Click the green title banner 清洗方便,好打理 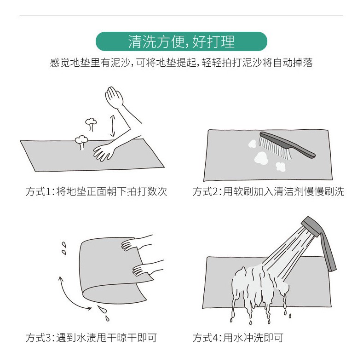[x=181, y=41]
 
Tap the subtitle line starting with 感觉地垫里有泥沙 [x=181, y=63]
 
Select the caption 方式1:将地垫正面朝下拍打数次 [x=96, y=191]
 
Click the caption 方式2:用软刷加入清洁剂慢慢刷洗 [x=268, y=191]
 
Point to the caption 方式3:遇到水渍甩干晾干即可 [x=91, y=338]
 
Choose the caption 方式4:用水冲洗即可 [x=238, y=338]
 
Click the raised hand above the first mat [x=114, y=97]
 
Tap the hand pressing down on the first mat [x=104, y=153]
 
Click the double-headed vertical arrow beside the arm [x=113, y=126]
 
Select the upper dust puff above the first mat [x=91, y=124]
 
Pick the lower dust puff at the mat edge [x=81, y=142]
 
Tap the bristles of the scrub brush [x=274, y=148]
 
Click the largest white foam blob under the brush [x=261, y=158]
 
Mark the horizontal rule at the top [x=181, y=16]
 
